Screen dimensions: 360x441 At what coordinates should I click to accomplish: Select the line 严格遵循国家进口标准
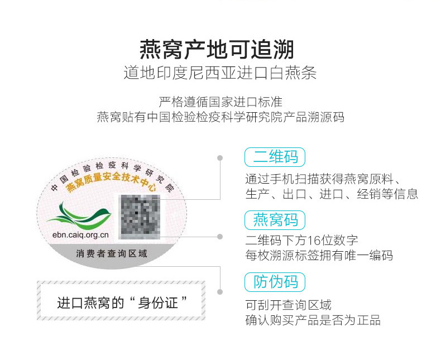[220, 102]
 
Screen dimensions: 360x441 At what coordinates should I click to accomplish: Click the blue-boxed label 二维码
[275, 157]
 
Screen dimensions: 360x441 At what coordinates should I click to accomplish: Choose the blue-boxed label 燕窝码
[275, 220]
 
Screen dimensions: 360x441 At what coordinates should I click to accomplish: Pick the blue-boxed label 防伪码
[275, 282]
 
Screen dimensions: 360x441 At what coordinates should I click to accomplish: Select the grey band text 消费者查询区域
[112, 253]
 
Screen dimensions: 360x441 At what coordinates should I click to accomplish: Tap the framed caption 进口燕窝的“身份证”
[122, 303]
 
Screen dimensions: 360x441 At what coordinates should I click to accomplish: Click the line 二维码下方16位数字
[302, 241]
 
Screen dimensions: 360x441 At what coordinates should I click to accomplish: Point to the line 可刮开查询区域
[288, 305]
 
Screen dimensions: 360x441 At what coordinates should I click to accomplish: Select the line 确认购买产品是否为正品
[313, 320]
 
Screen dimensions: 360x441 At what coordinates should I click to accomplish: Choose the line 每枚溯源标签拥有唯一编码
[319, 256]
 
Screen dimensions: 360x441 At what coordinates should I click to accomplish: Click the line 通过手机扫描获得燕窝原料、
[324, 180]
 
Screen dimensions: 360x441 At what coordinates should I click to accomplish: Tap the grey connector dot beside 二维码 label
[220, 158]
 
